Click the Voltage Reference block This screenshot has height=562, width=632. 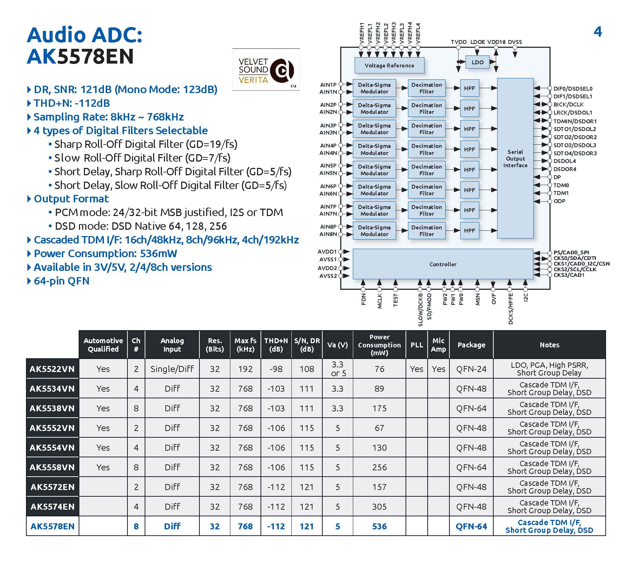click(389, 65)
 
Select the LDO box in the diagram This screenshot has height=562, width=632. click(478, 62)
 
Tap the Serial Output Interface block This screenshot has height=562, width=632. click(515, 158)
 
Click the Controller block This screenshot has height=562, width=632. click(443, 264)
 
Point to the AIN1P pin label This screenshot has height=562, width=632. click(328, 84)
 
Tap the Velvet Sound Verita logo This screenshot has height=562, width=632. click(266, 70)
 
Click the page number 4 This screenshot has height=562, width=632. click(598, 32)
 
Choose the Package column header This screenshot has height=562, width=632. click(471, 345)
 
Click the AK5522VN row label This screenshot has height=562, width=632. click(52, 369)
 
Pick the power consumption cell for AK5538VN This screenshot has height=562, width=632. click(379, 408)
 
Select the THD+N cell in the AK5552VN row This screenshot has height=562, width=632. click(276, 428)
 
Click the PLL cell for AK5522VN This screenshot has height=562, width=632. click(416, 369)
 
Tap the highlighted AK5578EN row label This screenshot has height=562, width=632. click(52, 526)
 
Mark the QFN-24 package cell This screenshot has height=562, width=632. click(471, 369)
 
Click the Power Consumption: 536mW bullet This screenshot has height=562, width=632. click(105, 254)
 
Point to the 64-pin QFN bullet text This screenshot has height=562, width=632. click(61, 281)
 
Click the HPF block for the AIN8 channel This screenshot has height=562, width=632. click(469, 230)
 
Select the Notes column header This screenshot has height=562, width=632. click(549, 345)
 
